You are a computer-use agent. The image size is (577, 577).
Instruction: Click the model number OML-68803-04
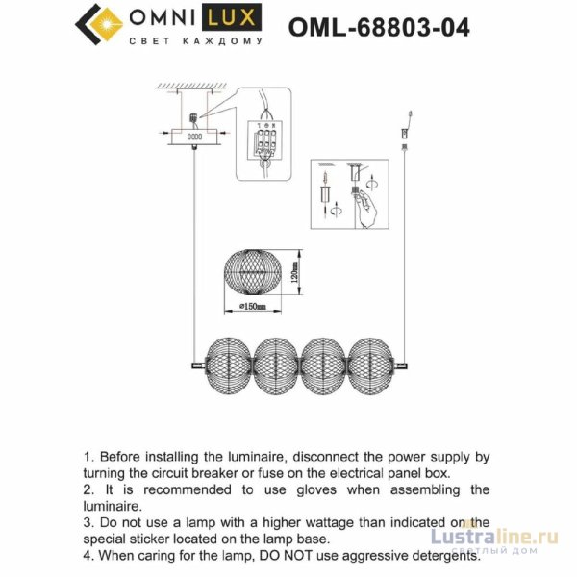[379, 27]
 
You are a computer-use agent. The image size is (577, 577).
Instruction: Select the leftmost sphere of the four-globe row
[228, 362]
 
